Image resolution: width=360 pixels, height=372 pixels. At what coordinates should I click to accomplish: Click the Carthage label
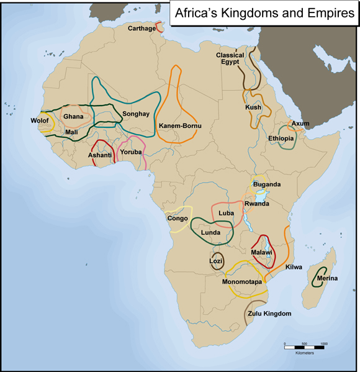pos(142,29)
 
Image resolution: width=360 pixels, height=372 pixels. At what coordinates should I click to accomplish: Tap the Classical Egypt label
pos(230,59)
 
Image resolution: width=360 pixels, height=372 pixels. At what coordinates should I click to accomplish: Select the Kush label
pos(253,107)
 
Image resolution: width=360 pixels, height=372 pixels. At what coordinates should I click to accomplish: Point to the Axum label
pos(300,124)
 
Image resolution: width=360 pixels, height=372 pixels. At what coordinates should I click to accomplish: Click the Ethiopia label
pos(281,138)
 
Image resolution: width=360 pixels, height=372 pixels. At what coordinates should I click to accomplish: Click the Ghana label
pos(73,116)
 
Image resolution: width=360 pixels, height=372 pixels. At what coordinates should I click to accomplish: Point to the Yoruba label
pos(131,152)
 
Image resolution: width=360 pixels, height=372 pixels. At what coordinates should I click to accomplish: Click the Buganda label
pos(267,184)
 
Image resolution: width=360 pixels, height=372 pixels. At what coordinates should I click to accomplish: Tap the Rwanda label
pos(256,204)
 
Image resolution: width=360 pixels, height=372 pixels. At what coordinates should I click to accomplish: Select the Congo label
pos(178,218)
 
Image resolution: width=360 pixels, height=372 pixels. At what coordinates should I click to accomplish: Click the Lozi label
pos(215,262)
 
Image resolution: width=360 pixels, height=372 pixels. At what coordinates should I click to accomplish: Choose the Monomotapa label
pos(241,282)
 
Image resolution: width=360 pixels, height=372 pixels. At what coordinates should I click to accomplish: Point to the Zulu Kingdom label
pos(269,314)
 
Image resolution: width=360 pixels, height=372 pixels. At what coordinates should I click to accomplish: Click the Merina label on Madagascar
pos(327,278)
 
